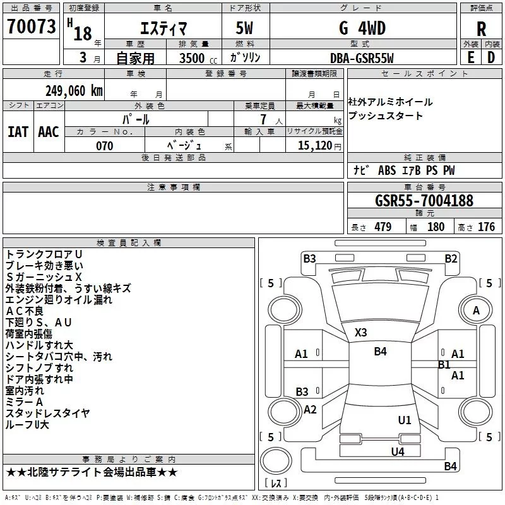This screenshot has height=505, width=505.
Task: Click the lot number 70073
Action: tap(31, 26)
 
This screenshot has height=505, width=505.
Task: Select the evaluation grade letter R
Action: tap(481, 28)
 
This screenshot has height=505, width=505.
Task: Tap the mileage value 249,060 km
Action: tap(74, 91)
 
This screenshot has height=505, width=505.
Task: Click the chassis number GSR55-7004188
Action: tap(424, 200)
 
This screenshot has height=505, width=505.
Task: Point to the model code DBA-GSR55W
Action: tap(362, 58)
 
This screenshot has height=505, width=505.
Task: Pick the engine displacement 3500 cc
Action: tap(198, 58)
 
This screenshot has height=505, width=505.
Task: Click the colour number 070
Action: tap(105, 146)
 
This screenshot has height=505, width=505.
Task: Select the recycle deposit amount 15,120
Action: tap(314, 146)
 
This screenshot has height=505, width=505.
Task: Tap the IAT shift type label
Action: tap(18, 132)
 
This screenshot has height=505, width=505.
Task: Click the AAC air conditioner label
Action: tap(49, 132)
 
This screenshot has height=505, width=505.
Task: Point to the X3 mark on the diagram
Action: tap(360, 333)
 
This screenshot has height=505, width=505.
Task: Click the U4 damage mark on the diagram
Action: tap(398, 452)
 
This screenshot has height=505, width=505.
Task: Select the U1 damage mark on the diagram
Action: tap(405, 420)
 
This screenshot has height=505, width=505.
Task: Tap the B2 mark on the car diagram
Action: tap(451, 259)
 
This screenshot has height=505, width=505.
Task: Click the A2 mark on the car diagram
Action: tap(310, 410)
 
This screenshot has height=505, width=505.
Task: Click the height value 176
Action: tap(486, 227)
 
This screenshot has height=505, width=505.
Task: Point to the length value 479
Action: tap(383, 227)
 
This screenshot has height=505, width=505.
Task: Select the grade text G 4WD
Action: tap(362, 28)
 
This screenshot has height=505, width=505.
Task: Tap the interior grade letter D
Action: tap(491, 58)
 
